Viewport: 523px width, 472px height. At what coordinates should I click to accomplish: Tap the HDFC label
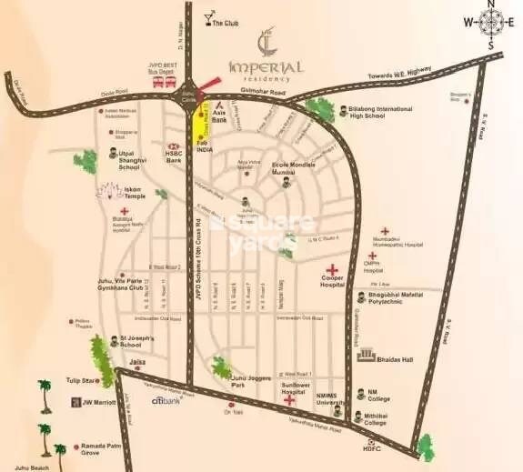click(x=370, y=449)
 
